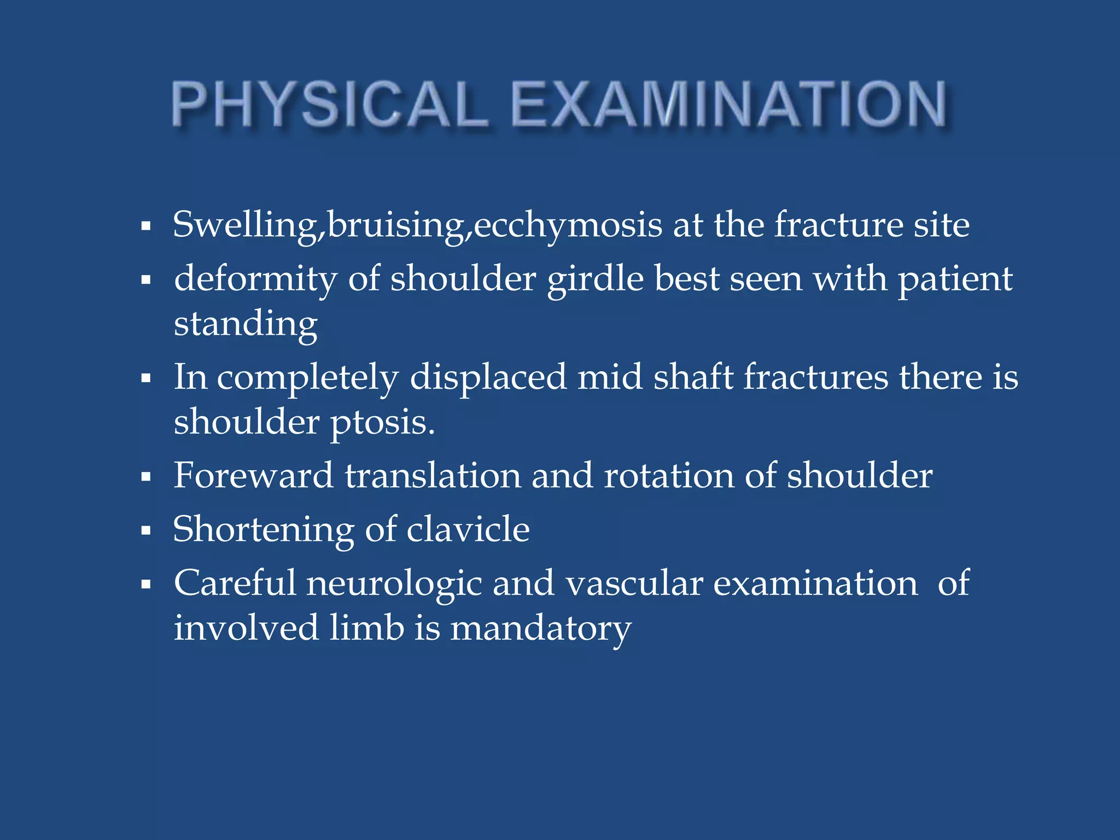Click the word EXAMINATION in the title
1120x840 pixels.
coord(728,104)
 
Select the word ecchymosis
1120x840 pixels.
coord(568,225)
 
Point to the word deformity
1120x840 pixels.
coord(255,279)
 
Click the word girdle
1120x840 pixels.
coord(596,279)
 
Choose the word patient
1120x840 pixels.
coord(955,279)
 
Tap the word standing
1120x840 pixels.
coord(246,324)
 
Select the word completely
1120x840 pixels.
coord(308,378)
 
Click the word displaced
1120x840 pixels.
coord(488,378)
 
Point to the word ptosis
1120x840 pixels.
coord(382,422)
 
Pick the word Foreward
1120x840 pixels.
coord(253,475)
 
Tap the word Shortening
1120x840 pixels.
coord(264,529)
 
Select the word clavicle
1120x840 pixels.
coord(468,529)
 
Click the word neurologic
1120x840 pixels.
coord(394,584)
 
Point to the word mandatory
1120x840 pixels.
coord(540,628)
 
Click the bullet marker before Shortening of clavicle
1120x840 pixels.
coord(145,530)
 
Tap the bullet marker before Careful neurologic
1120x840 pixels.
coord(145,585)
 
